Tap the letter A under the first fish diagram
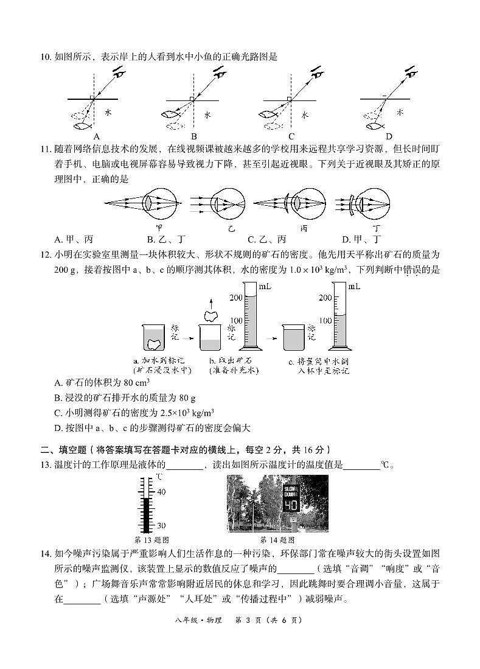pos(96,136)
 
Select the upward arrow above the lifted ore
pos(210,302)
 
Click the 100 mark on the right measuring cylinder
pos(325,320)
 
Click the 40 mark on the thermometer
pos(161,491)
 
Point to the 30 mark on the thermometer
pos(161,525)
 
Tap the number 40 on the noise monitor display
pos(291,505)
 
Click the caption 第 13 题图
pos(151,540)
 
